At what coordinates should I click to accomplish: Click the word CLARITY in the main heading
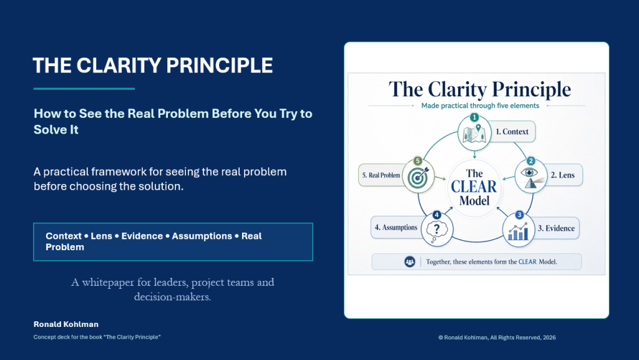click(119, 66)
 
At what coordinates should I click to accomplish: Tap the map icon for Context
click(474, 133)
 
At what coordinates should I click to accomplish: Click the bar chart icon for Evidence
click(518, 231)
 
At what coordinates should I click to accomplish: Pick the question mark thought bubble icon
click(436, 231)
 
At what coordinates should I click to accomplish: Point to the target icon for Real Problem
click(419, 177)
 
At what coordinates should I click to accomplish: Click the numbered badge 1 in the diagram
click(474, 118)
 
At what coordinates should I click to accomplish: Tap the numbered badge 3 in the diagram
click(519, 215)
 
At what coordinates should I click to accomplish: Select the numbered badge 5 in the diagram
click(417, 161)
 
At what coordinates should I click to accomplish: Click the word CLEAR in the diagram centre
click(474, 187)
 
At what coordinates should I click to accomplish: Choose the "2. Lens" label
click(563, 175)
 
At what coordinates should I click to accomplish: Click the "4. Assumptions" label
click(396, 227)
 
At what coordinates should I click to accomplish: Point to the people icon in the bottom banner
click(409, 262)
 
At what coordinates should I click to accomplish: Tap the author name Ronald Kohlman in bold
click(66, 324)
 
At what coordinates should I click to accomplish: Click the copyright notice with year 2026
click(497, 337)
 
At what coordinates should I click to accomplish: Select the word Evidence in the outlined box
click(142, 236)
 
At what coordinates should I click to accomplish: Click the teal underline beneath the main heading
click(84, 89)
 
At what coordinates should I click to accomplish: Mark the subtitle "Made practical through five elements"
click(480, 106)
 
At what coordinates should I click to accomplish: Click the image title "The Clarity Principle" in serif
click(480, 90)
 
